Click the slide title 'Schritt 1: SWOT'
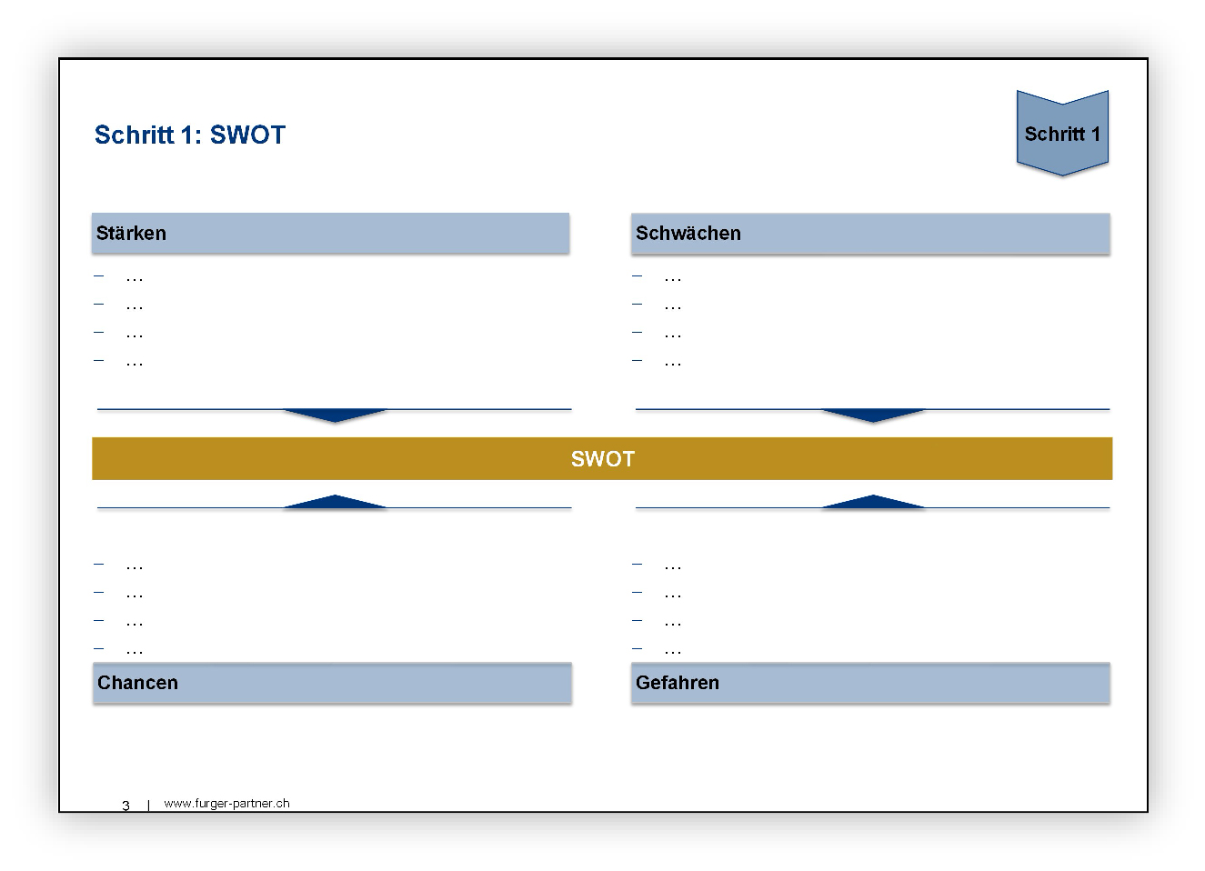click(190, 135)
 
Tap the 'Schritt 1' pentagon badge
click(1062, 133)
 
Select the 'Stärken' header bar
click(331, 233)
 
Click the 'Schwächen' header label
click(688, 233)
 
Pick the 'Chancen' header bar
click(332, 683)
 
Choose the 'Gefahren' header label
click(678, 683)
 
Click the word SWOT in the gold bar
click(602, 458)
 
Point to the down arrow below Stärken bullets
click(335, 415)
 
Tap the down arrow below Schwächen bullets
click(873, 415)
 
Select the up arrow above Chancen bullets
click(335, 501)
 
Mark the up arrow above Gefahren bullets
click(873, 501)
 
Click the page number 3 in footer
click(126, 806)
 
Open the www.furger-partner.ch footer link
click(226, 803)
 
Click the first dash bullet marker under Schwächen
click(637, 275)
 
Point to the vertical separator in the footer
click(148, 805)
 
